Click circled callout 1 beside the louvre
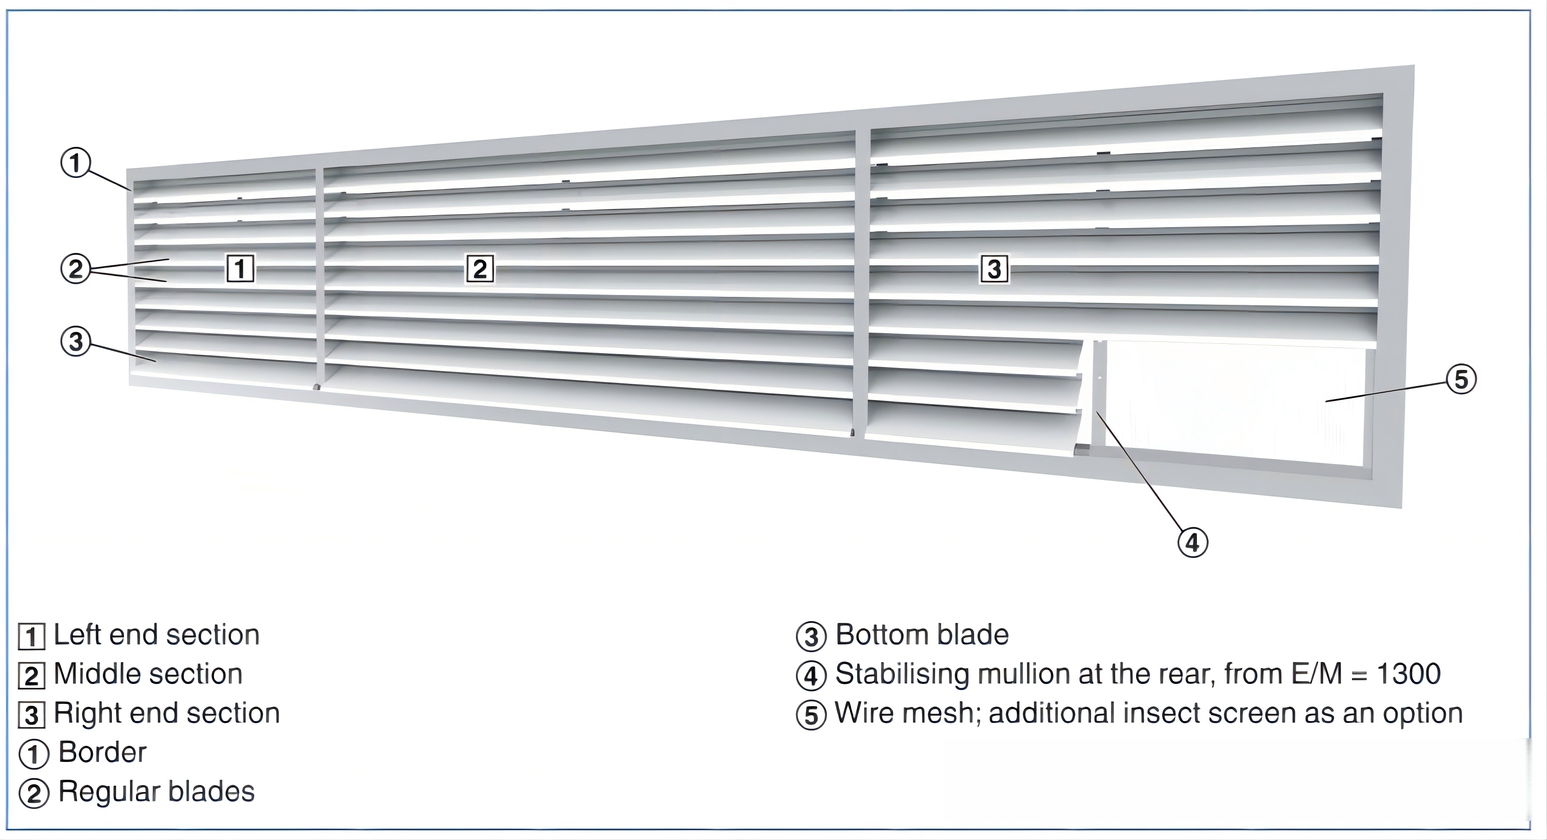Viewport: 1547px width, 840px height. point(76,163)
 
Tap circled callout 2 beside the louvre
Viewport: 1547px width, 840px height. point(76,269)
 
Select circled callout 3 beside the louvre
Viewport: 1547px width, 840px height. point(76,341)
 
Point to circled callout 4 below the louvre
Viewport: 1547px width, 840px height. point(1192,543)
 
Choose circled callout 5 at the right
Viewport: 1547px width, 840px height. point(1461,380)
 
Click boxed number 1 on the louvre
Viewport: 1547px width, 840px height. point(240,269)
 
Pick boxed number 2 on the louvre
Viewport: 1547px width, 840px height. point(480,269)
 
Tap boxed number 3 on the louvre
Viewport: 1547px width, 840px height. point(994,269)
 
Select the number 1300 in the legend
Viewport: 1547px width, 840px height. point(1408,674)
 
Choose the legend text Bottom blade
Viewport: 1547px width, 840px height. point(922,635)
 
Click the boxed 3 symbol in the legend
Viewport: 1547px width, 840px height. point(31,715)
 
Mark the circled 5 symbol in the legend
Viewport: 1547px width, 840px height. point(811,715)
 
